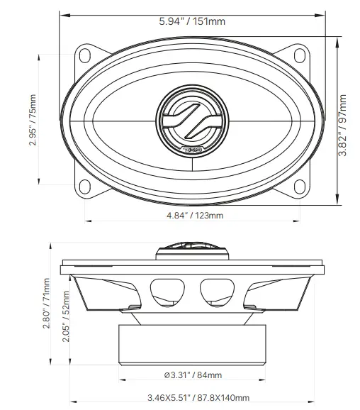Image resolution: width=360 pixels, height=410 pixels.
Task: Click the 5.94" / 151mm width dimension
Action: coord(192,21)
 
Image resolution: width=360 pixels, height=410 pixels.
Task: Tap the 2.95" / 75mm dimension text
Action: coord(33,118)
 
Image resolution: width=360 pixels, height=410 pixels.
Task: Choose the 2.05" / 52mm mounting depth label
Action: coord(66,317)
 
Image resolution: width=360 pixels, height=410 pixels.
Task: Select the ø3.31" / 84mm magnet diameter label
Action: coord(193,375)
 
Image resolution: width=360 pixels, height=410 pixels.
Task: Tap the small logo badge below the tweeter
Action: coord(191,150)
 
